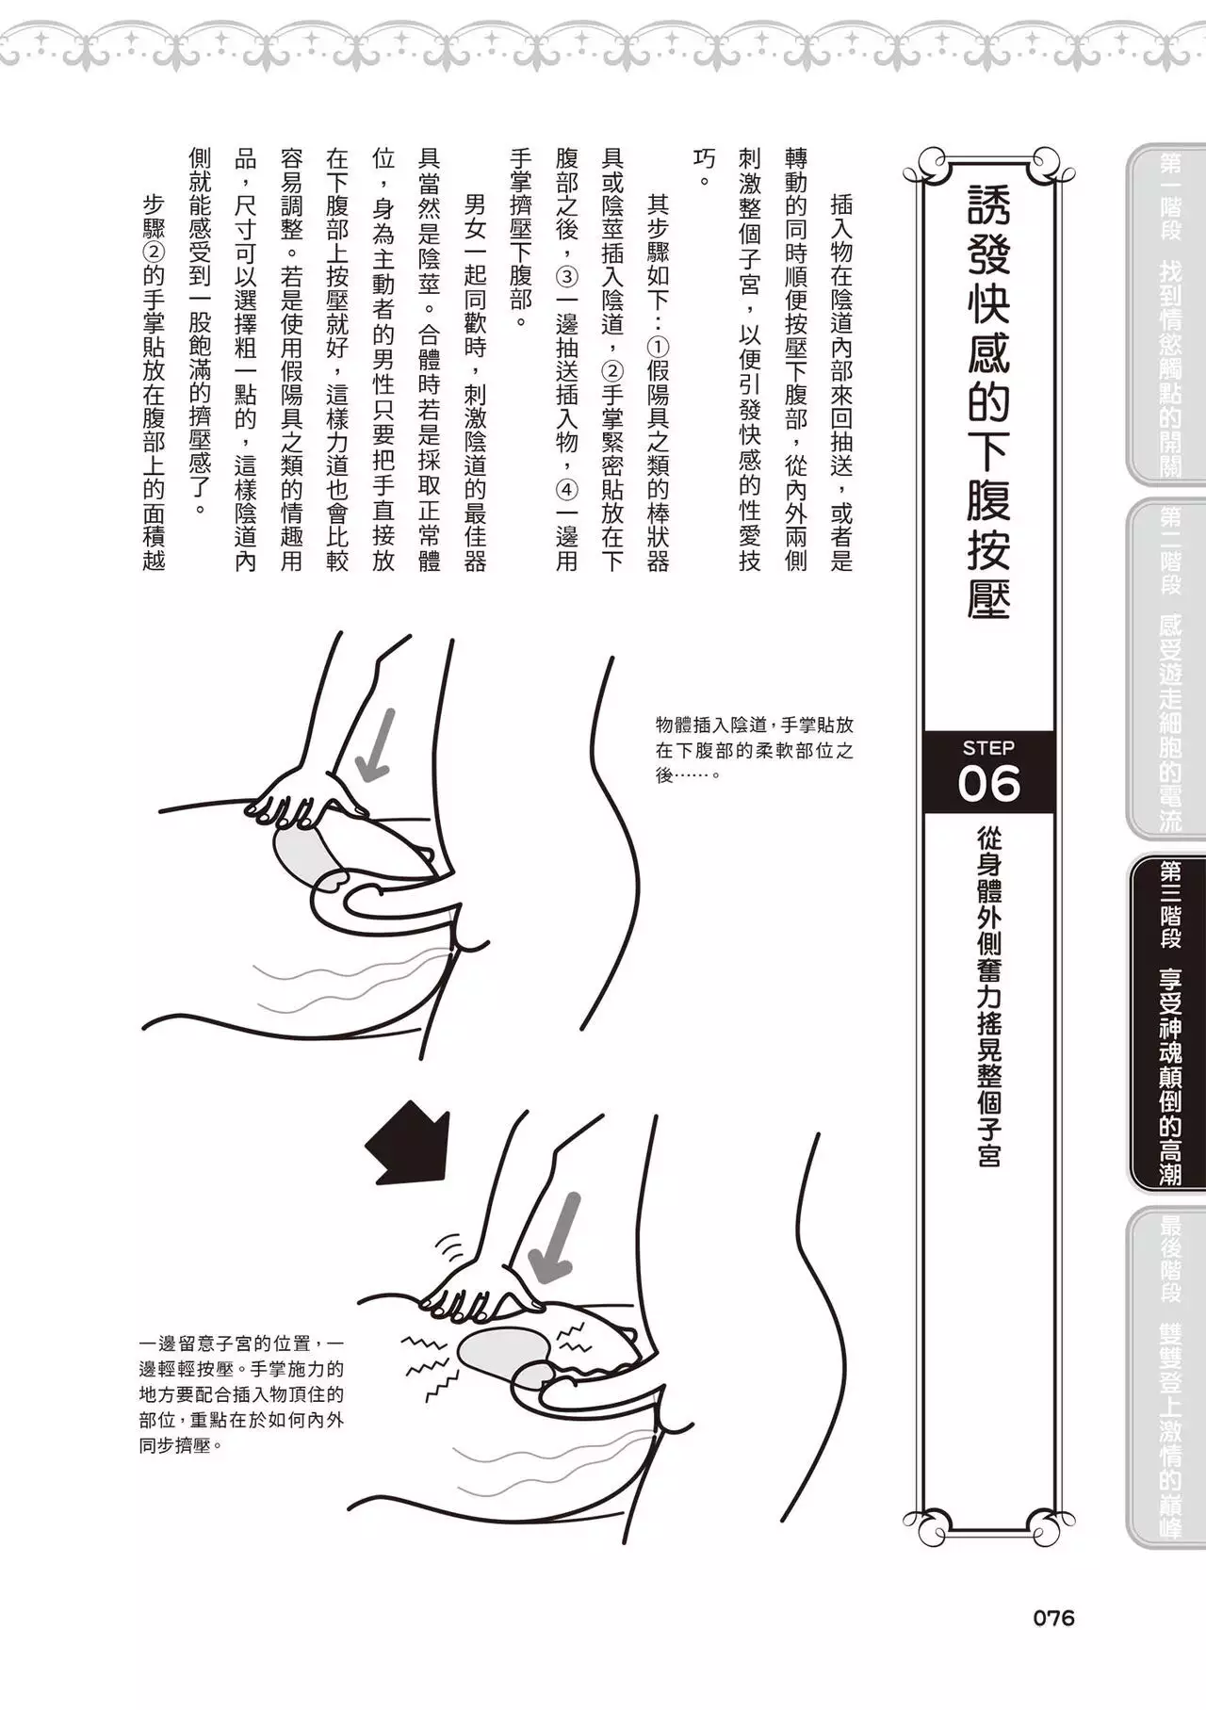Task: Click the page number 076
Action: [x=1053, y=1618]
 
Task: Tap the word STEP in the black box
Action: [x=988, y=748]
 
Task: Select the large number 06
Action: [x=988, y=783]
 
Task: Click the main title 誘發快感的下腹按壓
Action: [x=988, y=400]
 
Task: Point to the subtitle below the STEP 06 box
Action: [x=988, y=998]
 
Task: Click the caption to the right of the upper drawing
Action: [x=755, y=750]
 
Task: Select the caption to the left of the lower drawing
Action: [x=241, y=1393]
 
